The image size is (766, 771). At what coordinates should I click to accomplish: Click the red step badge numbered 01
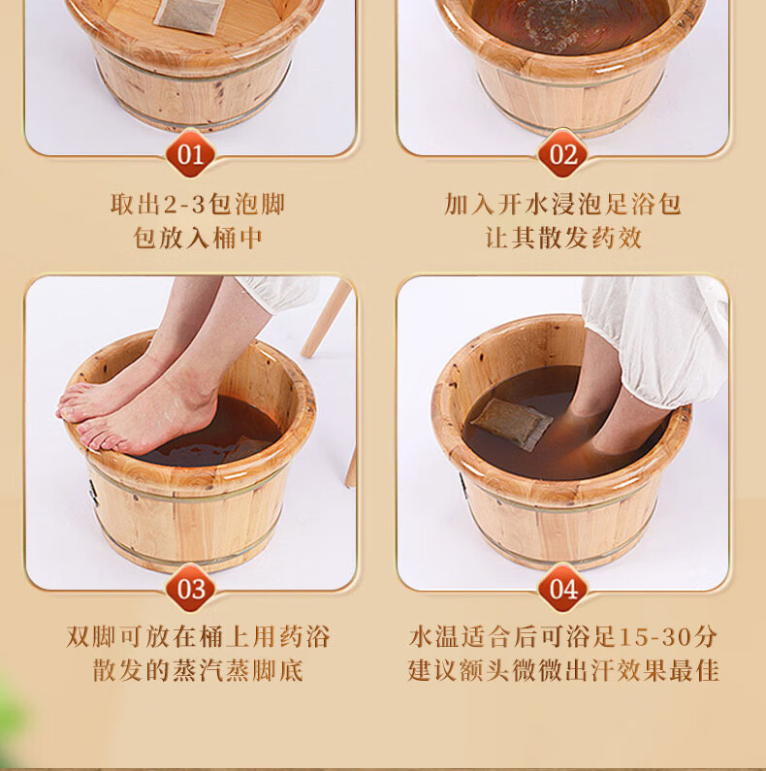tap(190, 154)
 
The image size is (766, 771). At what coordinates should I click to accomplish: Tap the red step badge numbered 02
tap(563, 154)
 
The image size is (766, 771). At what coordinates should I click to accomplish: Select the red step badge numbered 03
tap(190, 588)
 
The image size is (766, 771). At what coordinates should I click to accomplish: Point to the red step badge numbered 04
tap(563, 588)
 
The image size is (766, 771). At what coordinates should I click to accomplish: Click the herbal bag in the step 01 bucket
tap(189, 15)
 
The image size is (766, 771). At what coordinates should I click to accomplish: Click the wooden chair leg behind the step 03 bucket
tap(327, 317)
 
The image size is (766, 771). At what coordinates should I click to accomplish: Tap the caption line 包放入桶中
tap(197, 238)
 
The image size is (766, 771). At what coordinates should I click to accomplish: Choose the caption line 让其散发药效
tap(563, 238)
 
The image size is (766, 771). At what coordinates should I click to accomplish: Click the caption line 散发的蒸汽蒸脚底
tap(198, 671)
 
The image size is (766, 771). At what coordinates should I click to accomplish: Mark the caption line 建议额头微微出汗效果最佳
tap(563, 671)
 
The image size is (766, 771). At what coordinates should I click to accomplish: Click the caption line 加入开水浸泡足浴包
tap(563, 204)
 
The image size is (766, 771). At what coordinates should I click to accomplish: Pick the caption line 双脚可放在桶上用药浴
tap(198, 637)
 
